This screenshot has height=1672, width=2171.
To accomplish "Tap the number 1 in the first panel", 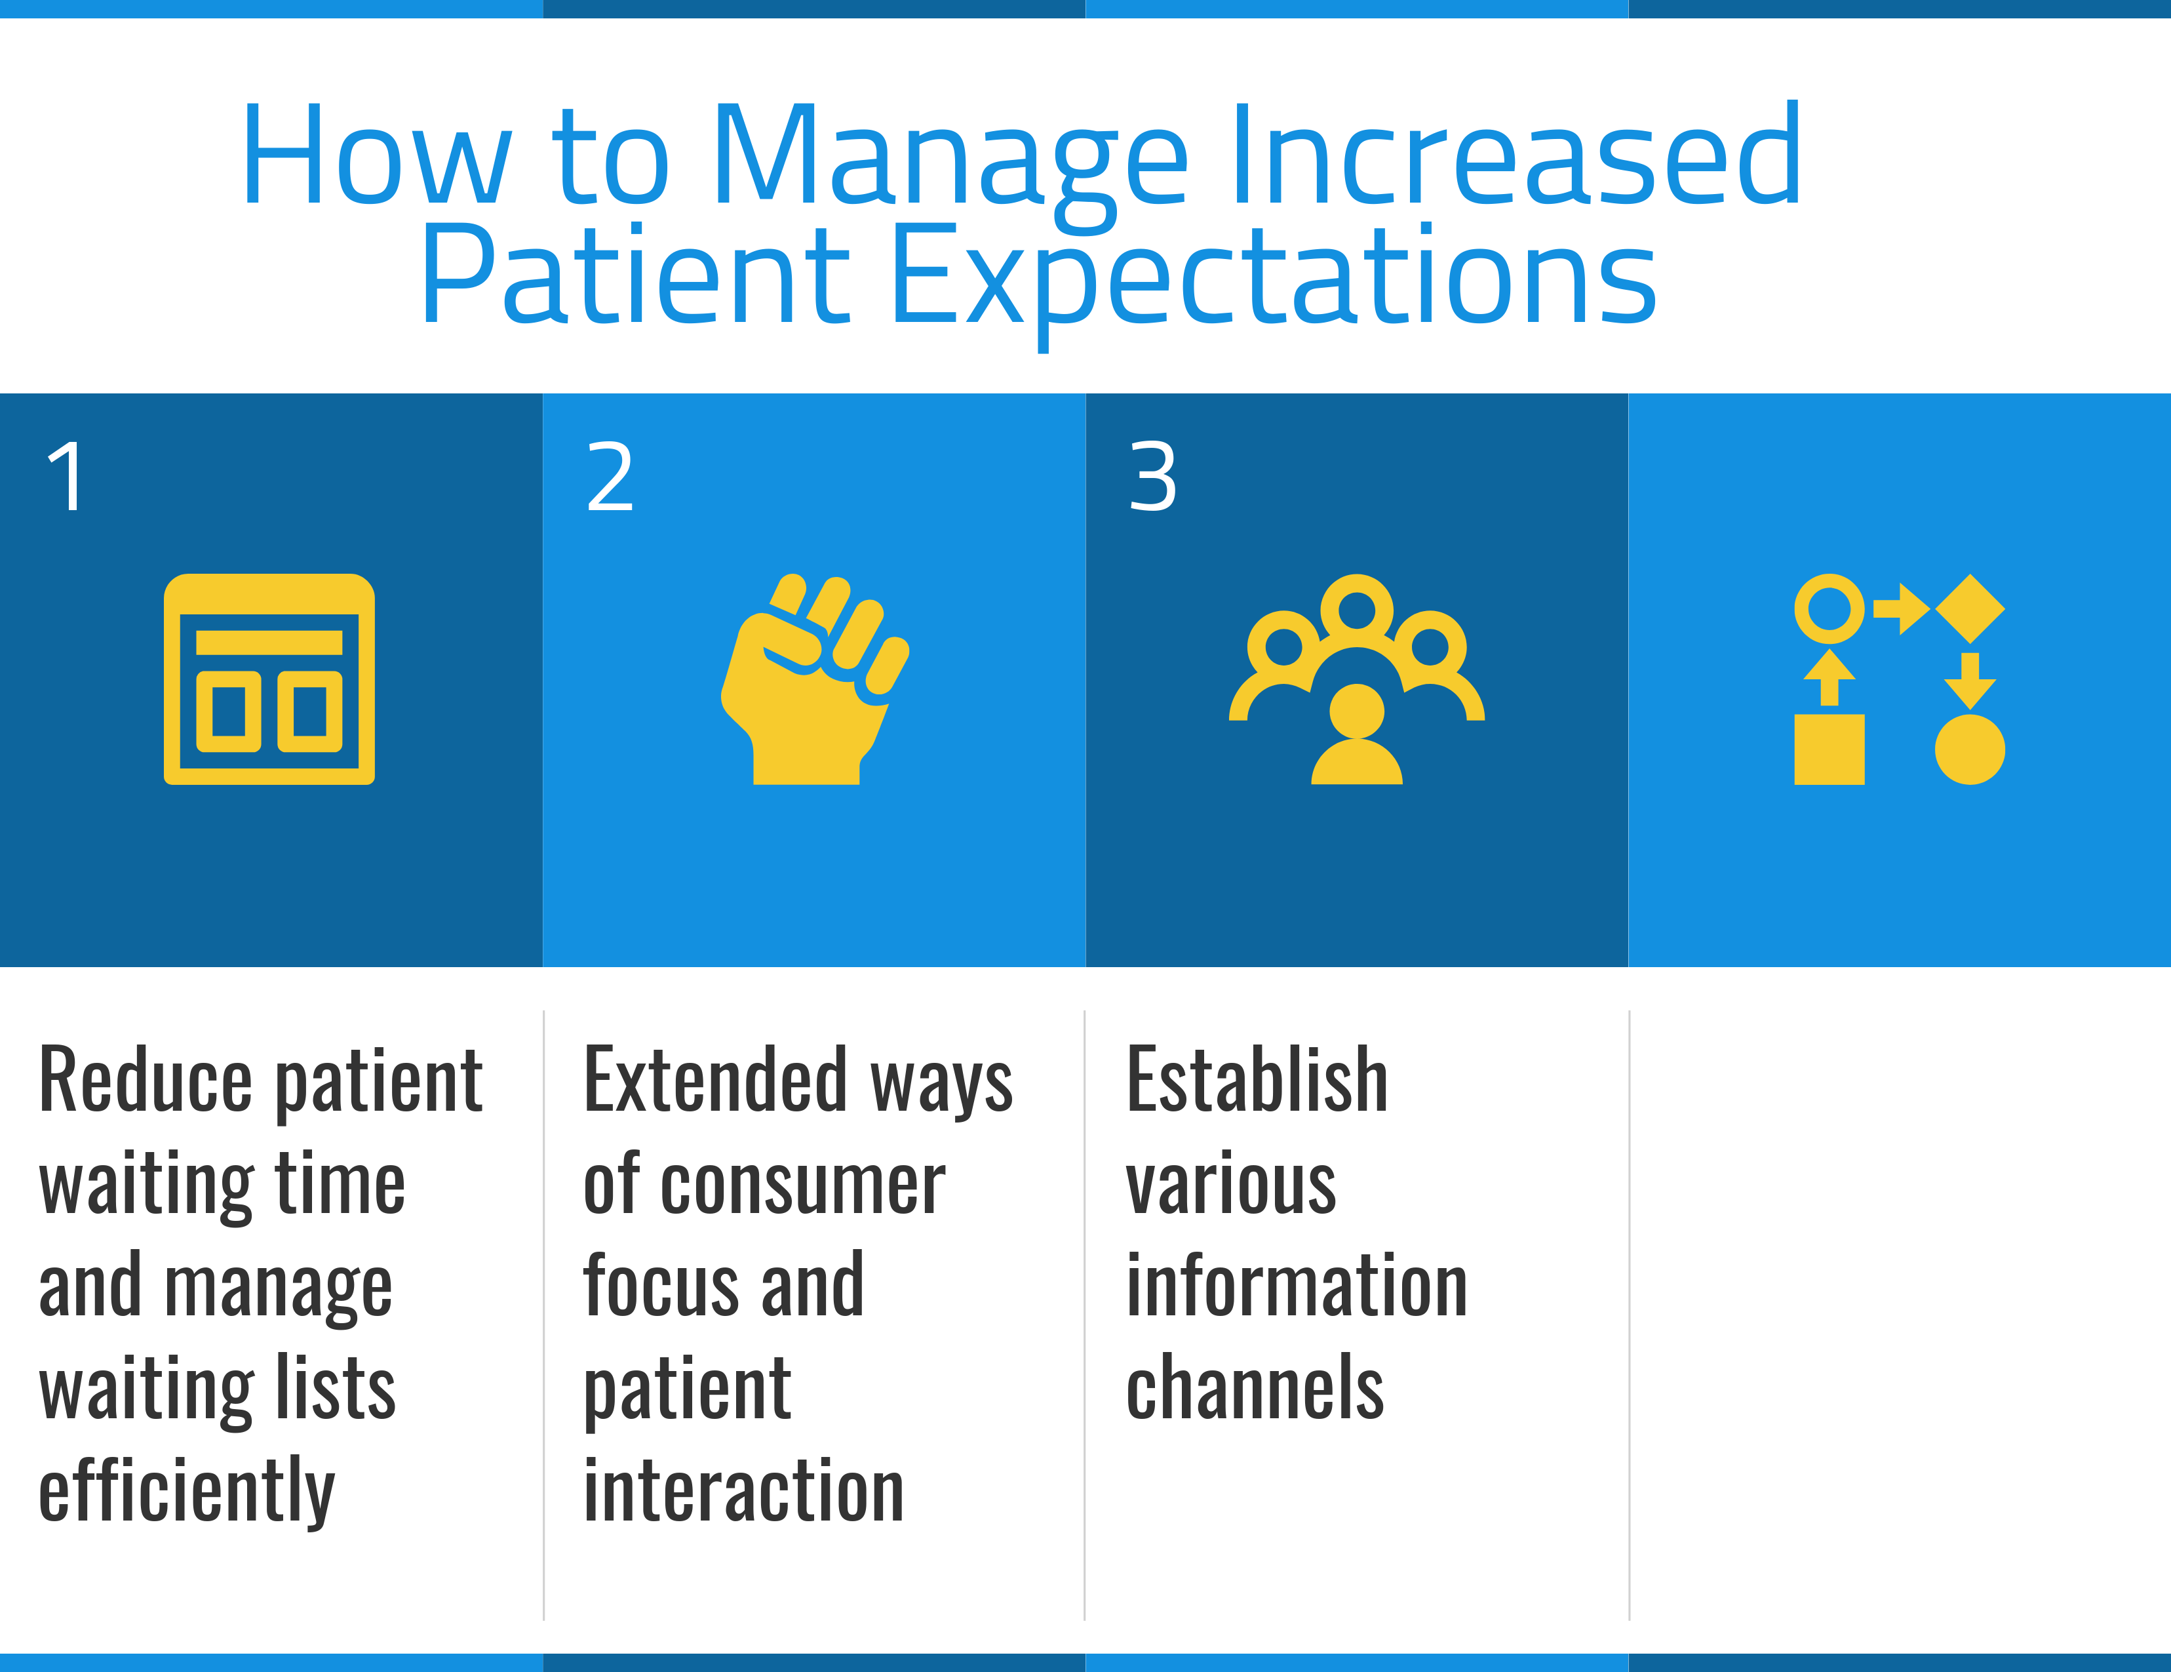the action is (68, 477).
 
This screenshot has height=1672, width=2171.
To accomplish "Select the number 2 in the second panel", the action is (610, 477).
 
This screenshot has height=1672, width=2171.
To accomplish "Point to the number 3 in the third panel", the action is (1153, 477).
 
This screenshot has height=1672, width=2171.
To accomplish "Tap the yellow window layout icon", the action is (269, 679).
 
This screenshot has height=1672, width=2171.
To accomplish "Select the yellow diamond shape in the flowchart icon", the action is (1970, 608).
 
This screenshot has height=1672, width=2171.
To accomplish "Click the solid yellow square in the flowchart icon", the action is (1829, 749).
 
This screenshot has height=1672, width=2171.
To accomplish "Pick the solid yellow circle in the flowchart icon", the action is (1970, 749).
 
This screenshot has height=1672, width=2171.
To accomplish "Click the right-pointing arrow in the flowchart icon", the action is (1902, 608).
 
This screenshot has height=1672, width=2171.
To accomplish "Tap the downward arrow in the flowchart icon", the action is (1970, 681).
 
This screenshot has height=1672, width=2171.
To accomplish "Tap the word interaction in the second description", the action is (743, 1491).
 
